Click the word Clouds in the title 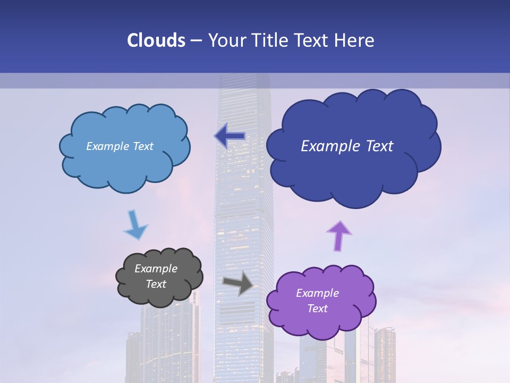[156, 40]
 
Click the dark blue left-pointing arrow [229, 136]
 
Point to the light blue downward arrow [135, 225]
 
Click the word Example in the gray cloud [156, 269]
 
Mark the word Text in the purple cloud [317, 309]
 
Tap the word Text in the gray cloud [156, 284]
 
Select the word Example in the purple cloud [317, 293]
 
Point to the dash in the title [195, 40]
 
